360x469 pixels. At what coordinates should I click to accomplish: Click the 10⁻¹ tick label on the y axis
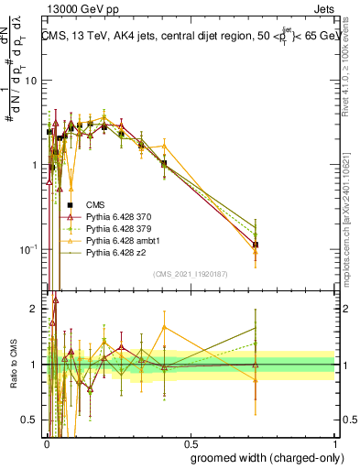point(28,249)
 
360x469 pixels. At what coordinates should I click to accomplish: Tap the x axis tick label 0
point(45,442)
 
